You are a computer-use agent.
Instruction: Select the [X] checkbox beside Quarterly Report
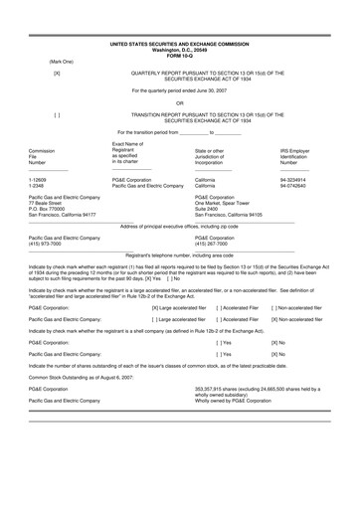coord(57,75)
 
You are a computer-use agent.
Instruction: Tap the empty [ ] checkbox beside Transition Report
coord(57,114)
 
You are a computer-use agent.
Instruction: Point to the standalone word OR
coord(180,101)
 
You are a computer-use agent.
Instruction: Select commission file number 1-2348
coord(39,189)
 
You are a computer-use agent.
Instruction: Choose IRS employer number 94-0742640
coord(295,189)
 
